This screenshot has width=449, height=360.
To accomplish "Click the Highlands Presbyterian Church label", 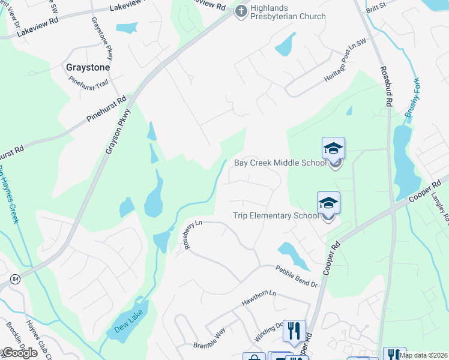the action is click(x=288, y=12).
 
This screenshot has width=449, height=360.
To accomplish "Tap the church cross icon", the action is click(x=241, y=11).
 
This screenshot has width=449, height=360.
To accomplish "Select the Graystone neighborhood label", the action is click(x=88, y=68).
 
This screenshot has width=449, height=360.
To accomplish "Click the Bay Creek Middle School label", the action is click(x=280, y=163).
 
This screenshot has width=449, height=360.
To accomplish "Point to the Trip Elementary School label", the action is click(x=276, y=216).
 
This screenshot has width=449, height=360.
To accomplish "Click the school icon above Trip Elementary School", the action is click(x=328, y=203).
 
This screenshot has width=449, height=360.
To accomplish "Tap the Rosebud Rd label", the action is click(x=385, y=87).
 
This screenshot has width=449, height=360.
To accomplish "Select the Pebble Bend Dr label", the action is click(x=297, y=276).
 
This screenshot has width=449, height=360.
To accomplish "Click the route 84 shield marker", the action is click(x=14, y=279).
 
